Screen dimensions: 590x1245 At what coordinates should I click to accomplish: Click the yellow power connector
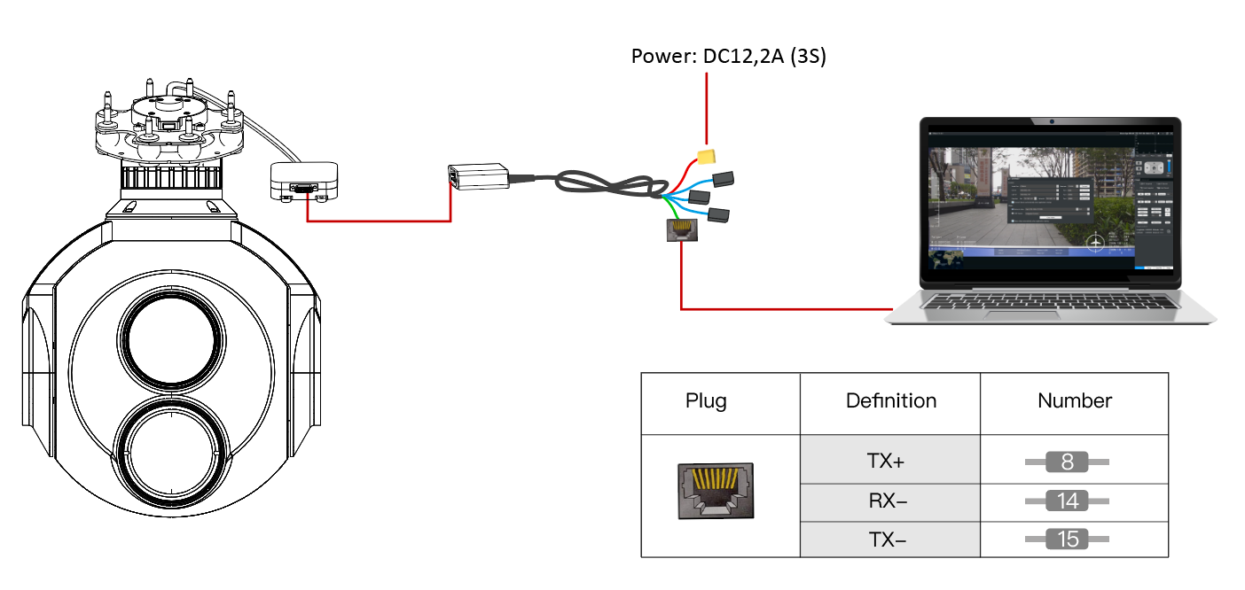tap(708, 157)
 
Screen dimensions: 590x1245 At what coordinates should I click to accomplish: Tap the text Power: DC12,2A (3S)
tap(728, 57)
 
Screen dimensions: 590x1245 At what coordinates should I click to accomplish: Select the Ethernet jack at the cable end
tap(681, 230)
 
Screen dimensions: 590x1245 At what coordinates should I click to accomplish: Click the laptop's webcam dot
tap(1051, 121)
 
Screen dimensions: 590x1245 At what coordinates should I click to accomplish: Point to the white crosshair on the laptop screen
tap(1097, 241)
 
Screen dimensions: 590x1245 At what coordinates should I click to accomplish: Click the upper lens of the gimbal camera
tap(169, 339)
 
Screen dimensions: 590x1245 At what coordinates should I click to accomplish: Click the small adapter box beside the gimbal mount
tap(304, 182)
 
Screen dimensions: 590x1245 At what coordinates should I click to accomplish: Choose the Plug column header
tap(706, 401)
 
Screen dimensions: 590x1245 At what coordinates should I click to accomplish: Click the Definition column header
tap(890, 401)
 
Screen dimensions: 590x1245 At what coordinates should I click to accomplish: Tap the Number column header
tap(1075, 401)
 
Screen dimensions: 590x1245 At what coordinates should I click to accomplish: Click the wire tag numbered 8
tap(1068, 462)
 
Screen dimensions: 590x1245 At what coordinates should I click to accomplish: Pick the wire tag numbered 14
tap(1068, 501)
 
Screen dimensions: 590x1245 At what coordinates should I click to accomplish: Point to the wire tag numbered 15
tap(1068, 540)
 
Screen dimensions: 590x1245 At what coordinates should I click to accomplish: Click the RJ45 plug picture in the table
tap(715, 490)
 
